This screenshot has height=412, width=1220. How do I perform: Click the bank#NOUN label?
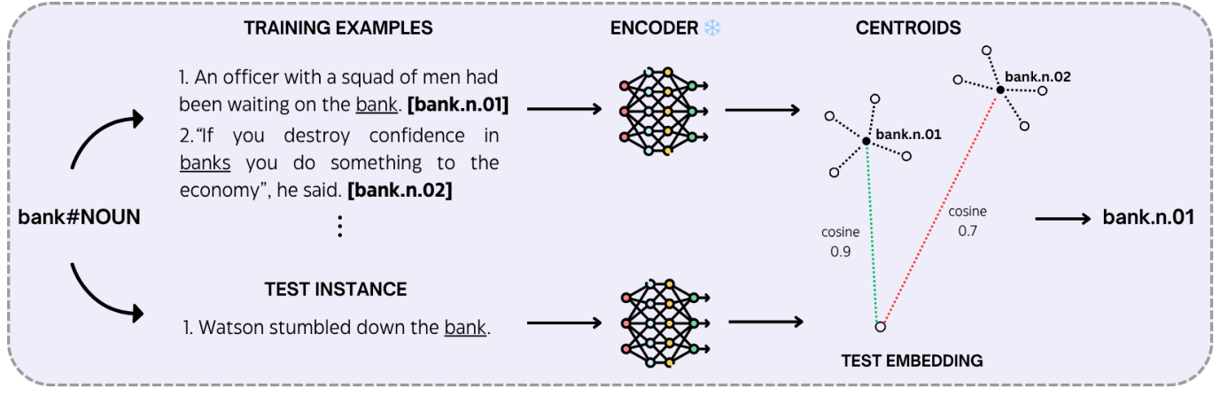point(79,216)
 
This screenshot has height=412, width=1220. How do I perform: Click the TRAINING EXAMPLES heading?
point(338,28)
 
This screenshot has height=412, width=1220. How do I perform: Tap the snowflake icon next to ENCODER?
point(712,28)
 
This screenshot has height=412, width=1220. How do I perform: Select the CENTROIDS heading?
point(908,28)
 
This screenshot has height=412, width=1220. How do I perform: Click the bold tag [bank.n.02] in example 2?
point(400,190)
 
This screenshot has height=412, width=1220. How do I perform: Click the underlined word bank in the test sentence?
point(465,328)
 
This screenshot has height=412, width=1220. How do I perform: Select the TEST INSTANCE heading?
point(335,290)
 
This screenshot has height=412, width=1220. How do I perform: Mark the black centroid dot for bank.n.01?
point(866,141)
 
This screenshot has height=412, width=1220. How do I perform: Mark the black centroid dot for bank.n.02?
point(999,89)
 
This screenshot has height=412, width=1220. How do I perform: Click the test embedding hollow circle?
point(880,327)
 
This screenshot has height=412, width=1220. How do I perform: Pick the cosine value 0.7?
point(967,230)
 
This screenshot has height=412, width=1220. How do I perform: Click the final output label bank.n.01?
point(1147,216)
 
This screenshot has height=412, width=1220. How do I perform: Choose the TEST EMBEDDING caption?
point(913,361)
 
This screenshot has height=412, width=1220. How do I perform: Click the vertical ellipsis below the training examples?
point(339,228)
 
